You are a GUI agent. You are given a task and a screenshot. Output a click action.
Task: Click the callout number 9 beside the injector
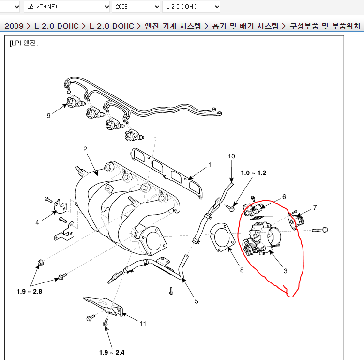point(48,115)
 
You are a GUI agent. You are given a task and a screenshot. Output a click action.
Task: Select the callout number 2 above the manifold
point(85,149)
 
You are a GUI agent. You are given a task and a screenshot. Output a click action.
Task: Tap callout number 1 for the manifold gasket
point(210,165)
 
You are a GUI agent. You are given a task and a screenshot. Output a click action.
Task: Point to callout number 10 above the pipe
point(231,156)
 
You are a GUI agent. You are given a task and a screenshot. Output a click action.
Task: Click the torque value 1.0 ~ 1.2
point(254,173)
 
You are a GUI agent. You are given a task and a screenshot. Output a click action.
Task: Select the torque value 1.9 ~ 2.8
point(29,291)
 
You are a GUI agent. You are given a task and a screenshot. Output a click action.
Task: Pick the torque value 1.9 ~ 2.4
point(112,353)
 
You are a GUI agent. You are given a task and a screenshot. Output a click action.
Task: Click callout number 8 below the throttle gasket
point(242,270)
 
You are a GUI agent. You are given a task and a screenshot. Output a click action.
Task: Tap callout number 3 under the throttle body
point(285,271)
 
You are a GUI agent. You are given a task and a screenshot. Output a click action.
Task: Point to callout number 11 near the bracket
point(143,324)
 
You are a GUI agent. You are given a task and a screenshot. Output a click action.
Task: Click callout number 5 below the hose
point(197,301)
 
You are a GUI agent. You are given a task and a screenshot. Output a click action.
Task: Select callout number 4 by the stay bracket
point(37,223)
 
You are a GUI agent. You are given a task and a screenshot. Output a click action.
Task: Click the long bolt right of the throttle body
point(319,230)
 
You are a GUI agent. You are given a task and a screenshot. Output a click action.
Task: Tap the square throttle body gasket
point(222,238)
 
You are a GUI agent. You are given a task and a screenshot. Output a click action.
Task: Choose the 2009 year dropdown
point(136,7)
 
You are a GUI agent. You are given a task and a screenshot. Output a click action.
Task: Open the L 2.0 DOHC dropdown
point(191,7)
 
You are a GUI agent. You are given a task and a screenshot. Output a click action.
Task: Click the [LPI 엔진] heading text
point(24,43)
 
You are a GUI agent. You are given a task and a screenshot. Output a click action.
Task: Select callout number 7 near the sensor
point(315,207)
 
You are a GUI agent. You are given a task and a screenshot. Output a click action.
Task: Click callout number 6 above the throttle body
point(284,197)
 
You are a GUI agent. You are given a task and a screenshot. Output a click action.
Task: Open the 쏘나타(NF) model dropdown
point(67,7)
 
